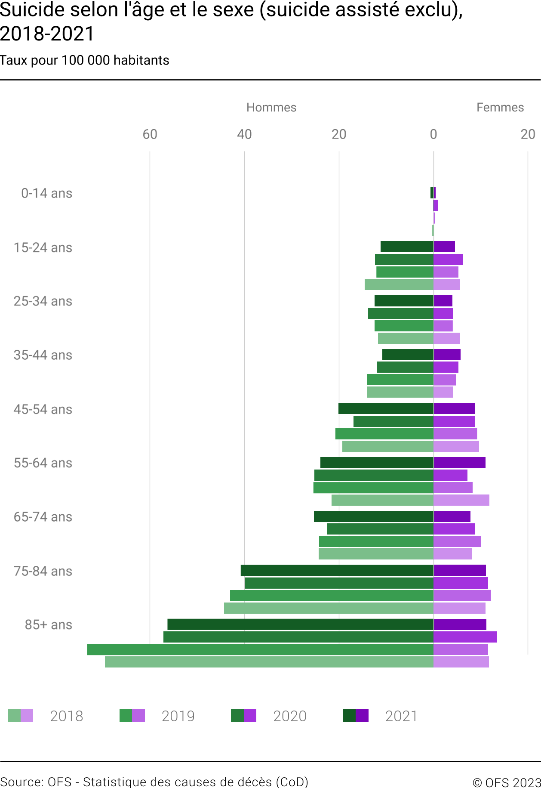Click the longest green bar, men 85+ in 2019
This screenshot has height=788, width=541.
click(x=260, y=649)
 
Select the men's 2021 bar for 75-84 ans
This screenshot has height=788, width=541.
click(x=337, y=570)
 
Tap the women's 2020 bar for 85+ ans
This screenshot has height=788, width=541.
click(x=465, y=637)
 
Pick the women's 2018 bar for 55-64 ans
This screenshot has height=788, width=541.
click(x=461, y=500)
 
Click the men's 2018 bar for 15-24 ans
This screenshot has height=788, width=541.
click(x=399, y=284)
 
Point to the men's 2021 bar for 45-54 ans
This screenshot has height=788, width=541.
click(x=386, y=408)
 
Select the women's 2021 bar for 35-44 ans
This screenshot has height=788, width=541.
click(x=447, y=355)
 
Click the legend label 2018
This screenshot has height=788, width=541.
click(x=67, y=716)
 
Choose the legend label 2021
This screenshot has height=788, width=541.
click(x=401, y=716)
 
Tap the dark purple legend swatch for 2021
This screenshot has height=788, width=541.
click(x=363, y=716)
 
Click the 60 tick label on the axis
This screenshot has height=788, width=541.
click(x=150, y=134)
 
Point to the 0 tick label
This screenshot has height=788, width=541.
click(x=433, y=134)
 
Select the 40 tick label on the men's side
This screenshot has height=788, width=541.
click(x=244, y=134)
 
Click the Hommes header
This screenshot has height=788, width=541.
click(x=271, y=107)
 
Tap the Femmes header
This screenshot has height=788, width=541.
click(x=500, y=107)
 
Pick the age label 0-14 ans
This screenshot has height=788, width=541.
click(x=47, y=193)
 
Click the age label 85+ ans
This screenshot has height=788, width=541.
click(x=49, y=624)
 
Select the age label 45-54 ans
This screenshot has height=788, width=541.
click(x=43, y=409)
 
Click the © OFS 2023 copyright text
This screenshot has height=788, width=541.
click(x=507, y=782)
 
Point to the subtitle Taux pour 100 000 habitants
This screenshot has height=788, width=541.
click(x=85, y=60)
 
